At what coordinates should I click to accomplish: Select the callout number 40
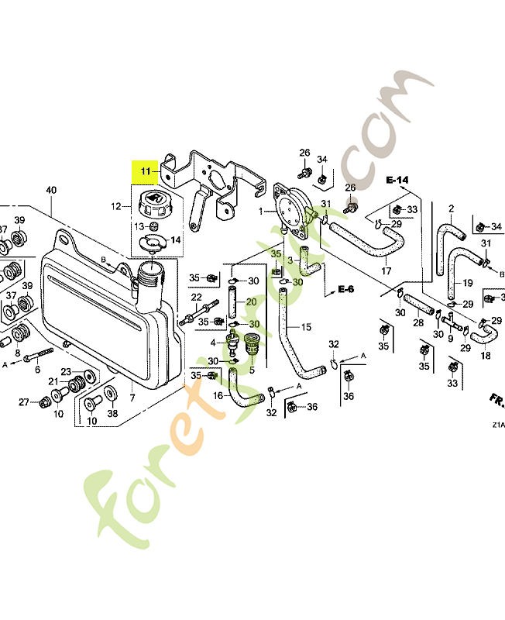(51, 190)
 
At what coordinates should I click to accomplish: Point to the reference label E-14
(397, 181)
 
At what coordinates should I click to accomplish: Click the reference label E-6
(345, 289)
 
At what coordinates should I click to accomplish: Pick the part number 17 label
(386, 270)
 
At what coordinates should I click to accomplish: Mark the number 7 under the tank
(132, 398)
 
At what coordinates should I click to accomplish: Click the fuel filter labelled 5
(251, 344)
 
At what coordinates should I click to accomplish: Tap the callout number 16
(218, 395)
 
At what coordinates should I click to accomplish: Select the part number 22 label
(196, 298)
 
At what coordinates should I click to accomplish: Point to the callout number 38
(112, 414)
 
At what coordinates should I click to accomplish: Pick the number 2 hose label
(451, 208)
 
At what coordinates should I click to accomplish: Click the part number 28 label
(417, 322)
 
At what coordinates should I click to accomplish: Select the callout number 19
(469, 282)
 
